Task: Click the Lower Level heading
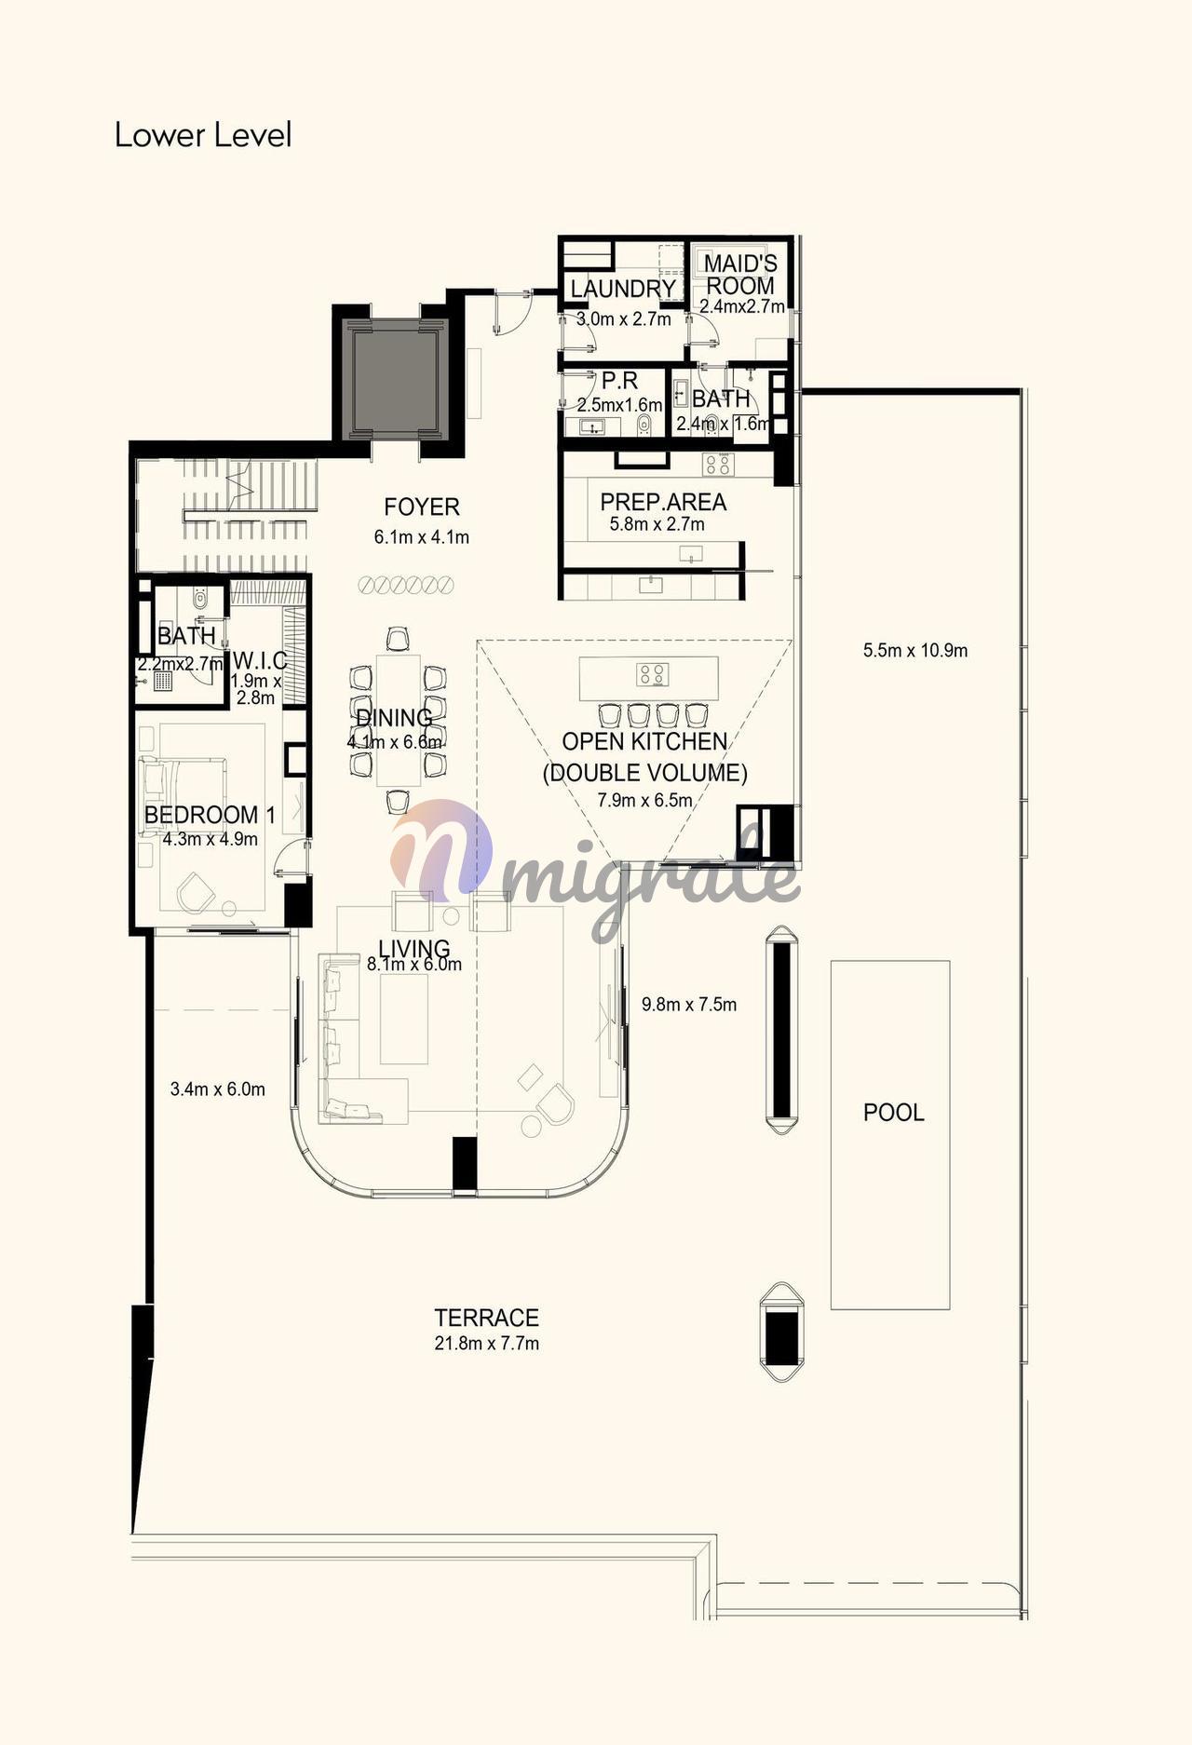tap(203, 135)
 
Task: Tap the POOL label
tap(893, 1113)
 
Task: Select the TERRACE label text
tap(486, 1318)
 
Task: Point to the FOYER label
tap(422, 507)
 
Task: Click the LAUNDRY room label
tap(623, 289)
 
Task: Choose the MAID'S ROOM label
tap(740, 275)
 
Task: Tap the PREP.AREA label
tap(663, 502)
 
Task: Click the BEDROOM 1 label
tap(210, 815)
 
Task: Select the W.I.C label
tap(260, 660)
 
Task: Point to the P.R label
tap(619, 381)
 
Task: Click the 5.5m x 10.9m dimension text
tap(915, 651)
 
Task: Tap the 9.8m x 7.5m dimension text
tap(689, 1005)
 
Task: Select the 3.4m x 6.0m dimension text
tap(218, 1089)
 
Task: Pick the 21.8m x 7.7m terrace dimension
tap(487, 1344)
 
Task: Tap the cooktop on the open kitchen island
tap(652, 674)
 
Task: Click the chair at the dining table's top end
tap(398, 639)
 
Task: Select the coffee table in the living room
tap(404, 1018)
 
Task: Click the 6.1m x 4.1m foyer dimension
tap(422, 537)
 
